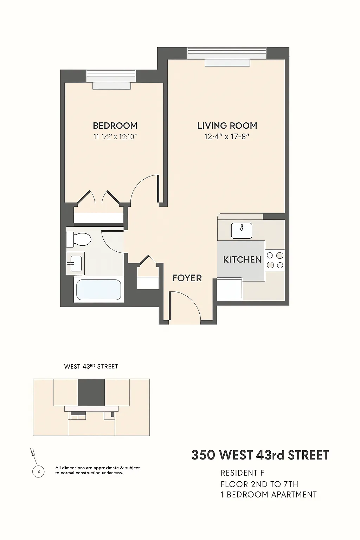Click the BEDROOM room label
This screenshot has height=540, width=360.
click(x=115, y=126)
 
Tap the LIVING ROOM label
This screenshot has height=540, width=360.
click(x=227, y=126)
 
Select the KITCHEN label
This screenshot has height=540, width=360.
click(x=242, y=260)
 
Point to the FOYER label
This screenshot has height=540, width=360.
click(x=187, y=278)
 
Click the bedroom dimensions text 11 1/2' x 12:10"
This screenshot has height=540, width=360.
click(x=115, y=137)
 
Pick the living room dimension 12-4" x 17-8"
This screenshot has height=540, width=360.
click(x=227, y=137)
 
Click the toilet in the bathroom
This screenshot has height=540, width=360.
click(x=79, y=239)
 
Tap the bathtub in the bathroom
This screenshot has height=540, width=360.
click(x=98, y=290)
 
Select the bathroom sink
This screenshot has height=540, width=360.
click(x=76, y=263)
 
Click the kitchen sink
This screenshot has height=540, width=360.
click(x=242, y=230)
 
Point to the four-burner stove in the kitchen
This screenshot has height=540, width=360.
click(x=275, y=260)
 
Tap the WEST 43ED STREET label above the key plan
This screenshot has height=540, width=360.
click(x=91, y=366)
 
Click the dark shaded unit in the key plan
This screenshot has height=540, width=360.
click(x=91, y=392)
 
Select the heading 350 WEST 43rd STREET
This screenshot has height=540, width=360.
click(x=260, y=455)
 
